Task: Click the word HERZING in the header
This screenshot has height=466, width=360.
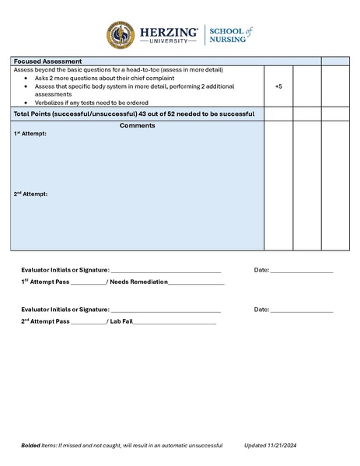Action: pos(168,32)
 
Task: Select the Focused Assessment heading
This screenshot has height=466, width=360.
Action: pos(48,61)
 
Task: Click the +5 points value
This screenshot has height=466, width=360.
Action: pos(278,86)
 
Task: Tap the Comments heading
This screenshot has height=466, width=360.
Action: pos(138,126)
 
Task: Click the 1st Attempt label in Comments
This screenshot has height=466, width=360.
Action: pos(30,134)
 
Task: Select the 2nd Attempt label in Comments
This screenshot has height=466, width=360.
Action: pos(31,194)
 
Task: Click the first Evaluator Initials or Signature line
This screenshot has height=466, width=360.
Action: pos(166,271)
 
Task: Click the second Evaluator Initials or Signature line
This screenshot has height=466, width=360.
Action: pos(166,310)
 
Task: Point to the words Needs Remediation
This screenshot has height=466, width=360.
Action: pos(138,282)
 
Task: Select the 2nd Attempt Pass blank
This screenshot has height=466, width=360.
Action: pos(88,321)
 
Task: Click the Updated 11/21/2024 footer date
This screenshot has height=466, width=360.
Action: pos(271,445)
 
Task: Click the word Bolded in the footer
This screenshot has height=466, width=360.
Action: pos(32,445)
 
